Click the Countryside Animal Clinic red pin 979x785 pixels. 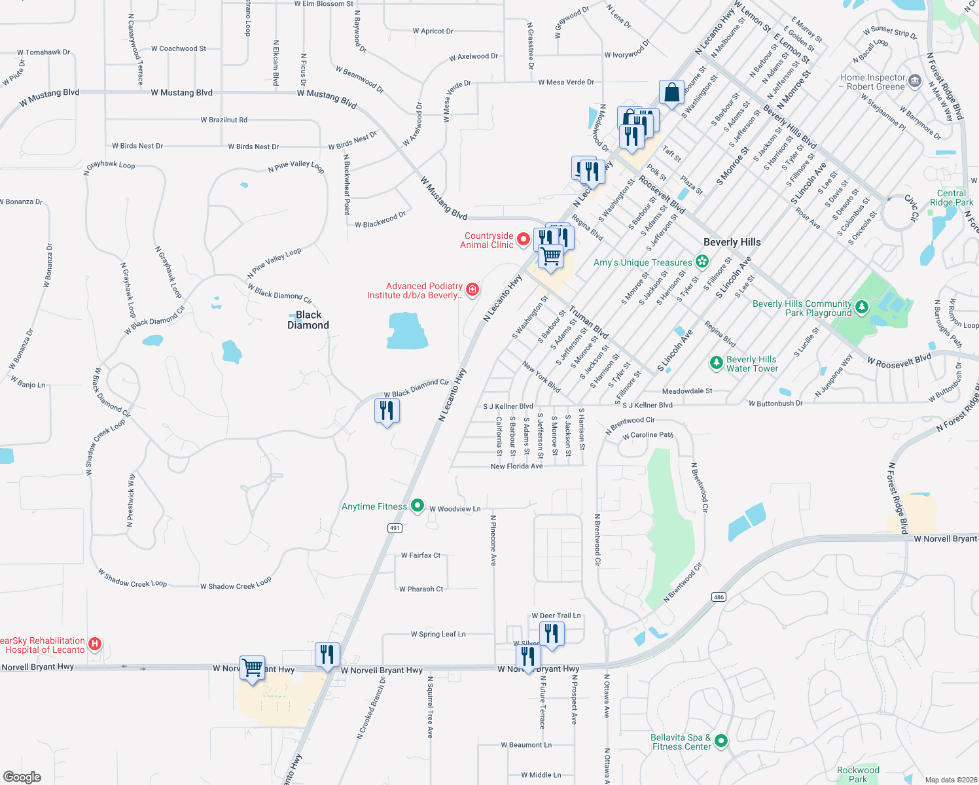(524, 239)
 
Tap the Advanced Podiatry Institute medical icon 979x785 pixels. (472, 289)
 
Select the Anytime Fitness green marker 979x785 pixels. (417, 506)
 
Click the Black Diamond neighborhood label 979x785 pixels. (308, 320)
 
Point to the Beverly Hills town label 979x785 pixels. (732, 242)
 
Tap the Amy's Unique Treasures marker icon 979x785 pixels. (702, 262)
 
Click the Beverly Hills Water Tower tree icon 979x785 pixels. (717, 362)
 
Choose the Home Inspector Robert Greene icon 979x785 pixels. (915, 81)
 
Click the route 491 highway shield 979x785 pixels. (394, 528)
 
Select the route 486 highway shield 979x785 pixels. (719, 597)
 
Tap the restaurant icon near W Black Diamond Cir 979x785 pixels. (387, 411)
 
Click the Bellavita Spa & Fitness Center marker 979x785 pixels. (721, 741)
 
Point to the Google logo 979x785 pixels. (22, 776)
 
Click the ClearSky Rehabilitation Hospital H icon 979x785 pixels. (94, 644)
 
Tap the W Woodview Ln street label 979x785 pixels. (455, 509)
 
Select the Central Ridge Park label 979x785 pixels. (952, 198)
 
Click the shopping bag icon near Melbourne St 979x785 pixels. (671, 93)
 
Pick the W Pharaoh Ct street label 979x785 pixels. (421, 589)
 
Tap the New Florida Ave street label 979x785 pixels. (516, 466)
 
